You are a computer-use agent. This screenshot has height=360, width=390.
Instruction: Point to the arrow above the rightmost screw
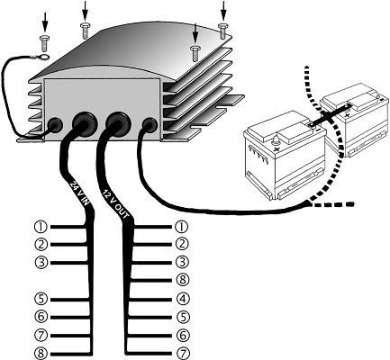pyautogui.click(x=222, y=9)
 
